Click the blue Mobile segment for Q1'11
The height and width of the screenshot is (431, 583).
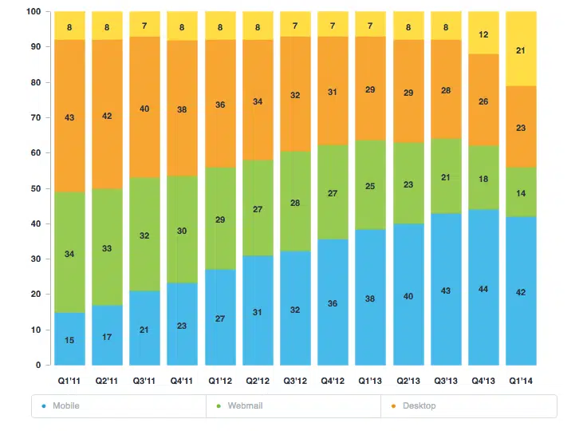[69, 327]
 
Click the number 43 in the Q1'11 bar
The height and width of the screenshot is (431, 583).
[69, 117]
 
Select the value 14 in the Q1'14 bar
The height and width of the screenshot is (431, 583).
[522, 193]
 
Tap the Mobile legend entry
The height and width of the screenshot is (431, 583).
[65, 406]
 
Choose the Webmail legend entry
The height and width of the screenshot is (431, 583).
[244, 406]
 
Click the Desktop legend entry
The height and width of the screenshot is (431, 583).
[419, 406]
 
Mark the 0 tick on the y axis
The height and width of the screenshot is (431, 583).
[37, 366]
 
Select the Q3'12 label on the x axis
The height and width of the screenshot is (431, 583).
[295, 380]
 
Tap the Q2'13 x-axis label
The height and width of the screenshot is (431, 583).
[408, 380]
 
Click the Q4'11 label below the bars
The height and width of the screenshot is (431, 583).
[183, 380]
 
